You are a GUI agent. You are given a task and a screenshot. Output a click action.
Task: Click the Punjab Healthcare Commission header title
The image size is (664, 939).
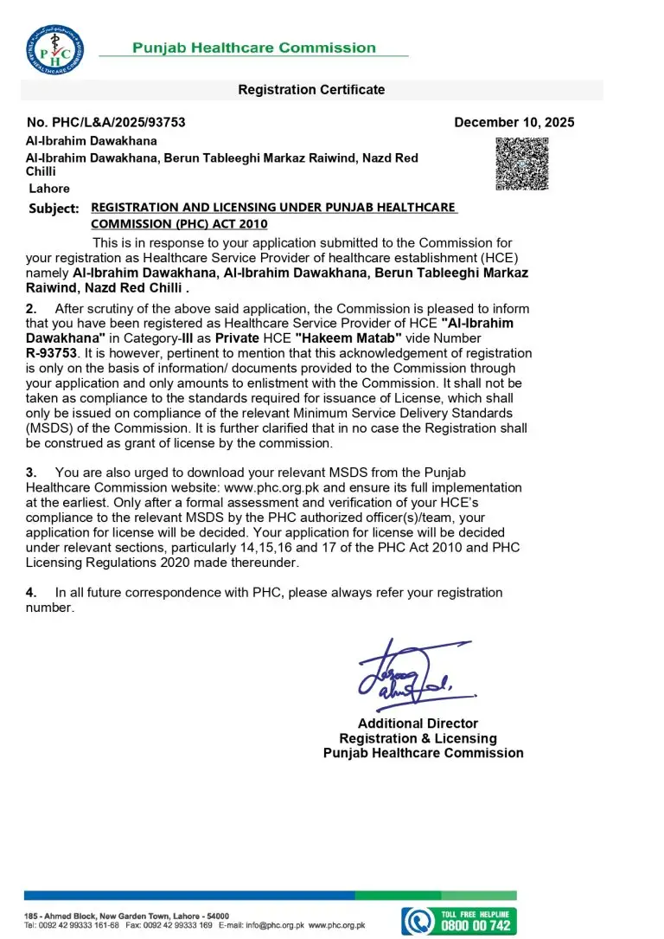coord(254,48)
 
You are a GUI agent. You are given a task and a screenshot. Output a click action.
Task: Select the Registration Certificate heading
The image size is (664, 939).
coord(311,90)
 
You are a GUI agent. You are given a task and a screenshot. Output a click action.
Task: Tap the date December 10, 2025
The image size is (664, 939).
coord(514,123)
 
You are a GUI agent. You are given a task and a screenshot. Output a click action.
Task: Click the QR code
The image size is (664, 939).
coord(521,164)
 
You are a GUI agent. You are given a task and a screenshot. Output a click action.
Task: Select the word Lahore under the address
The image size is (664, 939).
coord(49,189)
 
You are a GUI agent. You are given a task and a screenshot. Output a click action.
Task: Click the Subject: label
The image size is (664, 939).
coord(54,209)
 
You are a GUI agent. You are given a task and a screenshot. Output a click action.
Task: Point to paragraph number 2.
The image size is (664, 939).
coord(31,309)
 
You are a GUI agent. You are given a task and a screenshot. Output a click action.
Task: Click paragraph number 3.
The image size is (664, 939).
coord(31,473)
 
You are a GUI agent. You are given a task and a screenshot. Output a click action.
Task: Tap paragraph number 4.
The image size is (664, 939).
coord(31,593)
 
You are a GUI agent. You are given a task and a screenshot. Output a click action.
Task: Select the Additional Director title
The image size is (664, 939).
coord(418,724)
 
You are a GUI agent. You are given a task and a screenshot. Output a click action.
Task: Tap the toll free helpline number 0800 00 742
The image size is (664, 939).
coord(477,925)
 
